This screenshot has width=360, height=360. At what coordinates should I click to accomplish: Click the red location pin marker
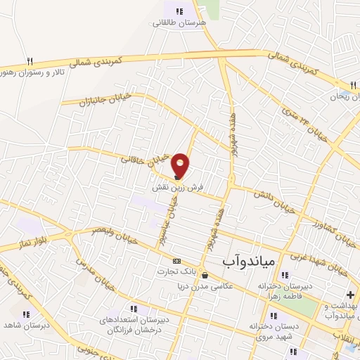tap(181, 165)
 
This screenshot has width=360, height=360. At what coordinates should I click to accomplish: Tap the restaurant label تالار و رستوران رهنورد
tap(35, 72)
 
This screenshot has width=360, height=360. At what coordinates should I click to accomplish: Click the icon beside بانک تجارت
tap(176, 260)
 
